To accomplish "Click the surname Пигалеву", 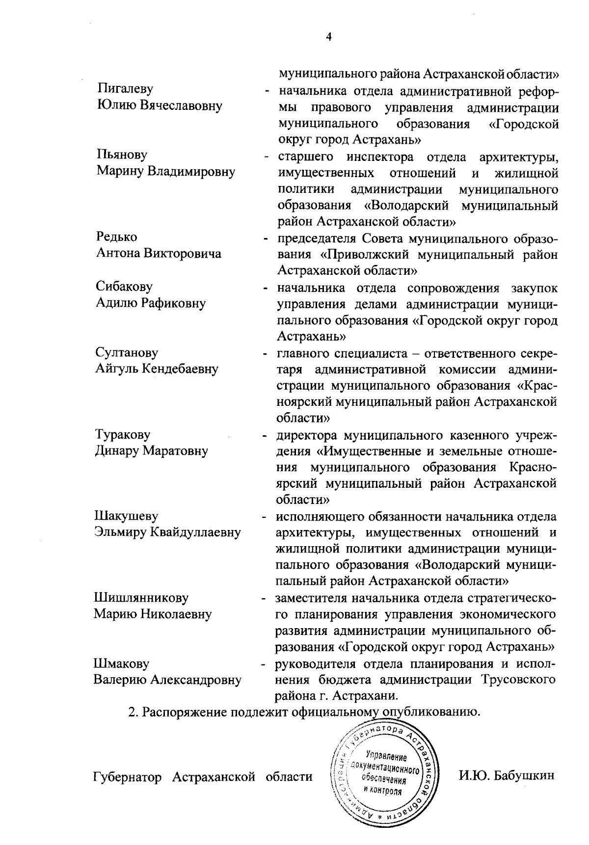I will [x=125, y=89].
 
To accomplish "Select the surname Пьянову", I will [x=122, y=155].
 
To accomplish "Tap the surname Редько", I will [x=117, y=237].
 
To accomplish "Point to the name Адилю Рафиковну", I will [x=150, y=303].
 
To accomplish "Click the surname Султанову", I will [x=127, y=352].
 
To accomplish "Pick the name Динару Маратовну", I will [x=151, y=450].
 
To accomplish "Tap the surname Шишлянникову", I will [x=141, y=598].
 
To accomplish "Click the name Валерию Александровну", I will [x=167, y=680].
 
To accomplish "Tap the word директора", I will [x=307, y=435].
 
